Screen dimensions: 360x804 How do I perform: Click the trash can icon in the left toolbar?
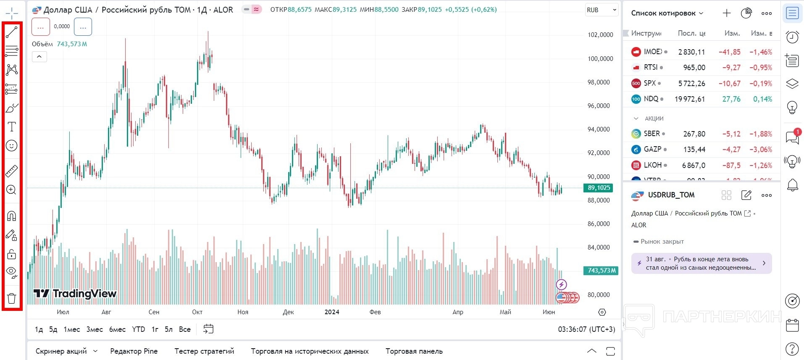click(x=12, y=299)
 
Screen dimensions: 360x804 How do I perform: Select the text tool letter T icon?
click(x=12, y=127)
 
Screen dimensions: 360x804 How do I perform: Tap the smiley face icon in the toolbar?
click(x=12, y=146)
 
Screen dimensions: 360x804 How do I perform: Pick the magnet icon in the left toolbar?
click(x=12, y=216)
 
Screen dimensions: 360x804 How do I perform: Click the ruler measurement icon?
click(x=12, y=171)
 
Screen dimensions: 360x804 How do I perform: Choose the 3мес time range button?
click(x=95, y=329)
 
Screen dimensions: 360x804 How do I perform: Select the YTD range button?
click(x=138, y=329)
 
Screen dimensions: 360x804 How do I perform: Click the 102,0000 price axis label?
click(x=600, y=35)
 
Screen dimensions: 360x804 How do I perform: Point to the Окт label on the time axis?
click(x=197, y=312)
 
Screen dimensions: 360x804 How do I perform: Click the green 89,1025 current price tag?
click(x=599, y=188)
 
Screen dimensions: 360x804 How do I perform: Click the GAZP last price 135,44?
click(x=694, y=150)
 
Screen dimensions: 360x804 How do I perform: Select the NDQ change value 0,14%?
click(x=762, y=99)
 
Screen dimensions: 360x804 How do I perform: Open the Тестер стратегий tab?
click(x=204, y=351)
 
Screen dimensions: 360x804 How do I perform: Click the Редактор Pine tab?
click(x=134, y=351)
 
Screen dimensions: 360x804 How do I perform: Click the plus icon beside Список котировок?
click(x=726, y=13)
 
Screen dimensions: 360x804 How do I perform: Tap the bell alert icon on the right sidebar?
click(x=792, y=185)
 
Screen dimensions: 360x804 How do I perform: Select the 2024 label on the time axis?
click(x=332, y=312)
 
